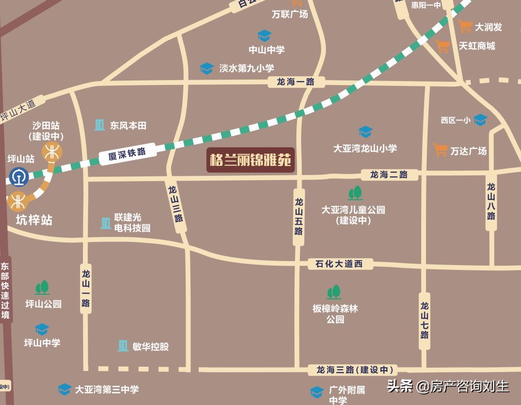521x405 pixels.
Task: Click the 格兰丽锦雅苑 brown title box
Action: tap(250, 160)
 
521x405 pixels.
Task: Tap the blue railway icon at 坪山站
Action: tap(18, 176)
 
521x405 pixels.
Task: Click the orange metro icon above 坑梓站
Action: tap(18, 201)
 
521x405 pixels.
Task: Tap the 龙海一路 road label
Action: tap(295, 82)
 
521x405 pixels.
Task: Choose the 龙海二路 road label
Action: tap(389, 174)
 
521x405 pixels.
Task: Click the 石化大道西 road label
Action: tap(339, 264)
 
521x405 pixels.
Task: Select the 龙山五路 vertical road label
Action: tap(298, 217)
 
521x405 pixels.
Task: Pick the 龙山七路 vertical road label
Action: tap(425, 320)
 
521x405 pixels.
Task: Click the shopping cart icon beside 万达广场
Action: tap(440, 150)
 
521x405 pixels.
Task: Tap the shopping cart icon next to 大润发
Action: tap(465, 26)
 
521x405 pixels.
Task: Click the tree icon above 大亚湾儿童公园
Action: tap(355, 193)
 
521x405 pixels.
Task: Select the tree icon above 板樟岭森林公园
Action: tap(333, 292)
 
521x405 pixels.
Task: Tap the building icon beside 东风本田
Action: tap(100, 125)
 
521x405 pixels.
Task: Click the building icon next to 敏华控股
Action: tap(123, 346)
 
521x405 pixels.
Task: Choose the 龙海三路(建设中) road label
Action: tap(355, 370)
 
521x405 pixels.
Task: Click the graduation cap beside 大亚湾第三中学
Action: tap(64, 389)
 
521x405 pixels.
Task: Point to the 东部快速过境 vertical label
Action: tap(5, 290)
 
